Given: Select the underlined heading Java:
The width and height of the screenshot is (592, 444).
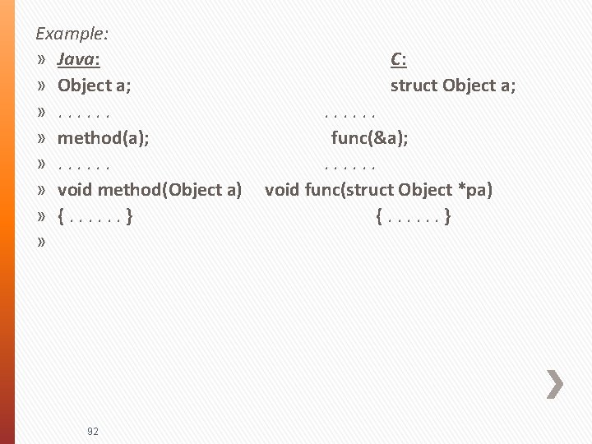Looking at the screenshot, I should (x=79, y=59).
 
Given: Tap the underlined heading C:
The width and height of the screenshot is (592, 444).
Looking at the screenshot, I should (x=399, y=59).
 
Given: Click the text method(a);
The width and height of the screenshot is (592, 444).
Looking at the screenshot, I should (x=103, y=137).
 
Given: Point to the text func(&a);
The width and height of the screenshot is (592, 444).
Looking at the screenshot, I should (x=369, y=137).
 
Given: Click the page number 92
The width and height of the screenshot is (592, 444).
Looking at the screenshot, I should (x=92, y=431).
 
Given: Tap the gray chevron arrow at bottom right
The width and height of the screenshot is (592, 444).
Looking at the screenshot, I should (x=555, y=383).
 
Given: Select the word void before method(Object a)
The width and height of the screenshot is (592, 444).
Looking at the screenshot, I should (x=75, y=190).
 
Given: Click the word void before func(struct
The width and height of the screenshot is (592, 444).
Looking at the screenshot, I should (x=282, y=190).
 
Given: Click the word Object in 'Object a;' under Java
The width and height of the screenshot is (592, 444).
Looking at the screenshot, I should (x=85, y=86).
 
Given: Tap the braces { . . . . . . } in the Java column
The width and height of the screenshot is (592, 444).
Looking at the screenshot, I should (x=95, y=217).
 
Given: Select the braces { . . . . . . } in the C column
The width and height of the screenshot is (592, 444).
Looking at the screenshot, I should (x=412, y=217).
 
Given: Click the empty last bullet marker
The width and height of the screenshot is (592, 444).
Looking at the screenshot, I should (x=41, y=243).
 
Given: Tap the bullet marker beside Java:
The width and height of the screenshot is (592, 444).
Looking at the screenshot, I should (x=41, y=60).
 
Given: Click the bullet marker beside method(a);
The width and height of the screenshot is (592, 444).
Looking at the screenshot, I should (x=41, y=138).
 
